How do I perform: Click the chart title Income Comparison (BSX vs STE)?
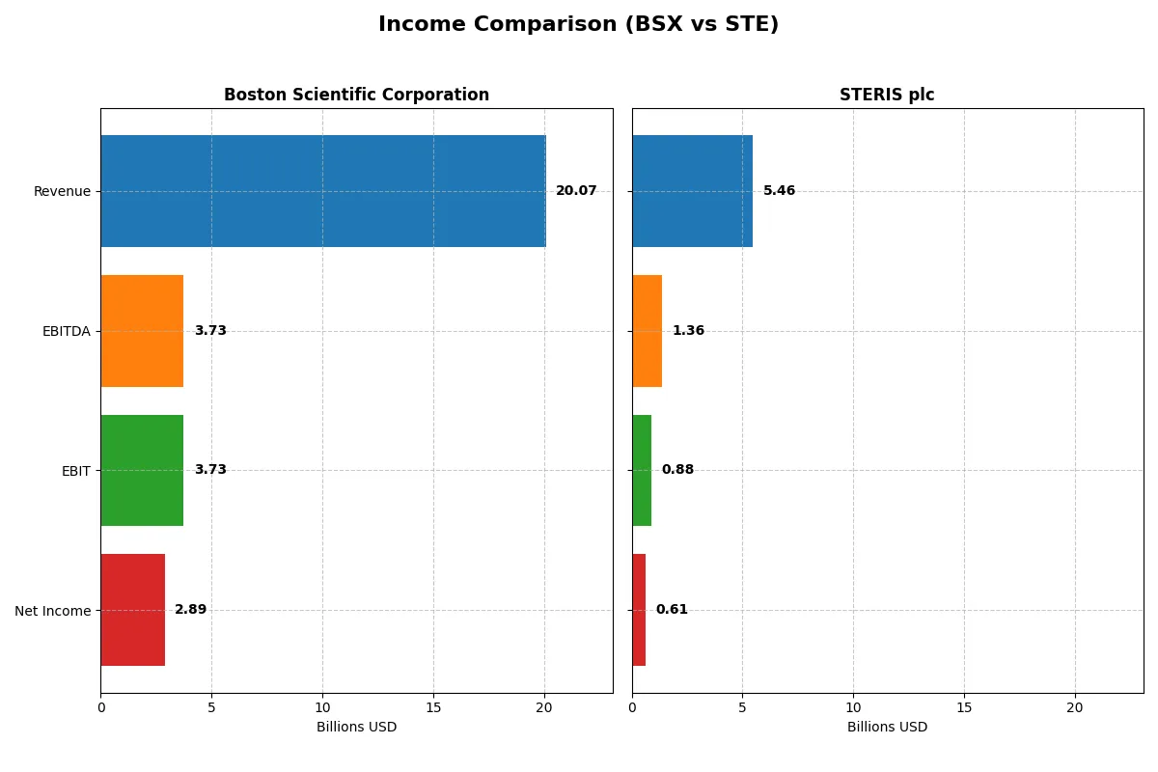pyautogui.click(x=578, y=25)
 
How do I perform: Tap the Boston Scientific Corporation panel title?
pyautogui.click(x=356, y=95)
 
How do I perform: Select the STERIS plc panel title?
pyautogui.click(x=887, y=95)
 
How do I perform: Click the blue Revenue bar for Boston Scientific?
pyautogui.click(x=322, y=191)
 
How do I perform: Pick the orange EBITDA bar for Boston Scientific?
pyautogui.click(x=142, y=331)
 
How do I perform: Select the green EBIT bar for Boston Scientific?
pyautogui.click(x=142, y=470)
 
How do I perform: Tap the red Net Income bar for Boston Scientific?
pyautogui.click(x=132, y=610)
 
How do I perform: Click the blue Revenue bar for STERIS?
pyautogui.click(x=692, y=191)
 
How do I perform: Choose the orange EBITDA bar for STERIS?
pyautogui.click(x=647, y=331)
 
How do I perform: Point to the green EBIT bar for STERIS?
pyautogui.click(x=642, y=470)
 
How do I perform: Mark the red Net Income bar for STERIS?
pyautogui.click(x=639, y=610)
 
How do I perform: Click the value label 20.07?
pyautogui.click(x=576, y=191)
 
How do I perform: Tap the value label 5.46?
pyautogui.click(x=779, y=191)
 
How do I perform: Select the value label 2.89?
pyautogui.click(x=190, y=610)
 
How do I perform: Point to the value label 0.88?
pyautogui.click(x=677, y=470)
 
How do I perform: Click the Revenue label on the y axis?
pyautogui.click(x=62, y=191)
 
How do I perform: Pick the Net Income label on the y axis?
pyautogui.click(x=52, y=611)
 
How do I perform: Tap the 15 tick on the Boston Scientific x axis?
pyautogui.click(x=433, y=707)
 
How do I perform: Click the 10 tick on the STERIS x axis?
pyautogui.click(x=853, y=707)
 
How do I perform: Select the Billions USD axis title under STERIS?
pyautogui.click(x=887, y=728)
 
